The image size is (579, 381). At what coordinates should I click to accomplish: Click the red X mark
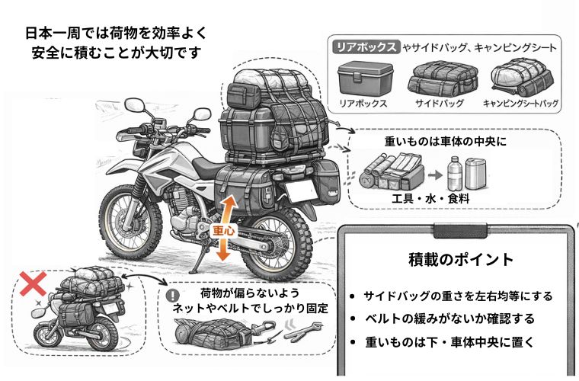click(32, 284)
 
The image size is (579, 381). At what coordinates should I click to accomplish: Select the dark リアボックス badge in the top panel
click(366, 47)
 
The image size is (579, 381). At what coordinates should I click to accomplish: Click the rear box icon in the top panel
click(366, 77)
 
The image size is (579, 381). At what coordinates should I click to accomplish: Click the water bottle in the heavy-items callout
click(454, 172)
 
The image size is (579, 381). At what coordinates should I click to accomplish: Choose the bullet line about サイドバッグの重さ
click(457, 296)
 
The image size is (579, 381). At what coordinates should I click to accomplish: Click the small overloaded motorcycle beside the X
click(76, 312)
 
